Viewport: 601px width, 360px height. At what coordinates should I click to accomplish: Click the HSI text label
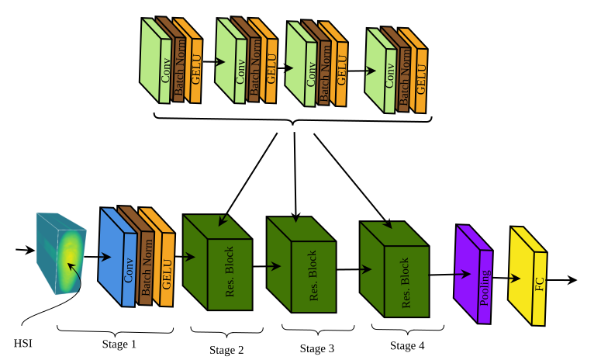[x=24, y=343]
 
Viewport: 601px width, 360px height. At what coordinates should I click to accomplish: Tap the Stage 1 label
[x=119, y=343]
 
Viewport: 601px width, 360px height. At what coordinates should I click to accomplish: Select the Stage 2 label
[x=226, y=350]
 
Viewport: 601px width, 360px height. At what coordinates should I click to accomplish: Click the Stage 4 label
[x=407, y=346]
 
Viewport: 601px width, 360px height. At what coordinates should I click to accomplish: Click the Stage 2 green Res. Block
[x=219, y=268]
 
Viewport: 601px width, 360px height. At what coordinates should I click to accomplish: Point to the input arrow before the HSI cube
[x=26, y=250]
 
